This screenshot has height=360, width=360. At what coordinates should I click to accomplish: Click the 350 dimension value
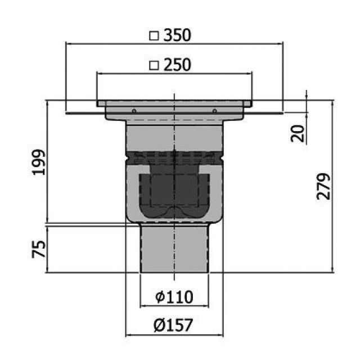177,36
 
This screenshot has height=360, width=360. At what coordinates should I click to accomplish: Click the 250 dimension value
177,65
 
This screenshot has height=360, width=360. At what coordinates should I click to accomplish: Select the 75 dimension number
38,249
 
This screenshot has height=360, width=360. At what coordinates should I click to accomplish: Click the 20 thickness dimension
299,133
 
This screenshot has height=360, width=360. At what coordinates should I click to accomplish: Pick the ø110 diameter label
174,296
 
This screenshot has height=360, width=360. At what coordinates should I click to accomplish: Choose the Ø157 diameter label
173,325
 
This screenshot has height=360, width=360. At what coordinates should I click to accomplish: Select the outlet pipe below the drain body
174,247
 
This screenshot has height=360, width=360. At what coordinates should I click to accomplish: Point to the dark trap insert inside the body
174,191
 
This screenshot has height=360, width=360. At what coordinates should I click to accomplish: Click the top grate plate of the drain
174,103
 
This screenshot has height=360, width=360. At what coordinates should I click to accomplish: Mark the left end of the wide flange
67,112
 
